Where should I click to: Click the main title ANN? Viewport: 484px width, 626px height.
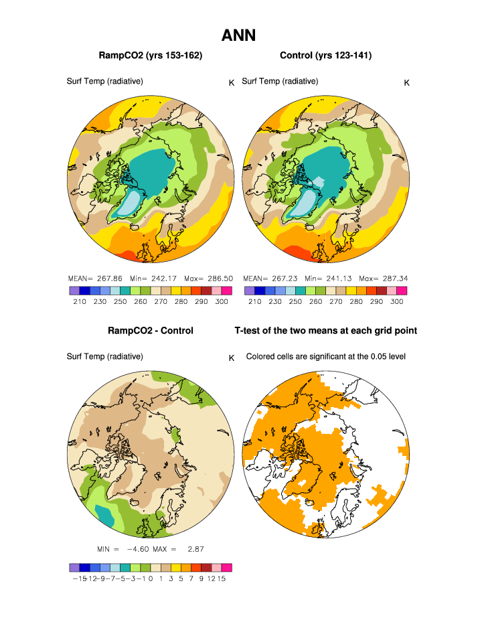(238, 35)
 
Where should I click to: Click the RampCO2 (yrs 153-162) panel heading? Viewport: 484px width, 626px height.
(150, 55)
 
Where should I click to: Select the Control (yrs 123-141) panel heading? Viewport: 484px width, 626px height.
(325, 55)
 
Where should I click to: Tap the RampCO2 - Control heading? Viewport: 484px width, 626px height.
(150, 331)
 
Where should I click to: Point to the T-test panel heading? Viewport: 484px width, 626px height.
(325, 331)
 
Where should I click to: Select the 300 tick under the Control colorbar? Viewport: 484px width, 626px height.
(396, 302)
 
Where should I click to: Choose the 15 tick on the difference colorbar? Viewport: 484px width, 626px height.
(222, 580)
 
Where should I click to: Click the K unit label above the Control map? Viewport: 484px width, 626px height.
(406, 82)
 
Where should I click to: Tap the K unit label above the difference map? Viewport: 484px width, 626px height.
(232, 358)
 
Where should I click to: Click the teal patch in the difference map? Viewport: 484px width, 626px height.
(105, 514)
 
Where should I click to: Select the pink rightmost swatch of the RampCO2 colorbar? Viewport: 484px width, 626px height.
(227, 291)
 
